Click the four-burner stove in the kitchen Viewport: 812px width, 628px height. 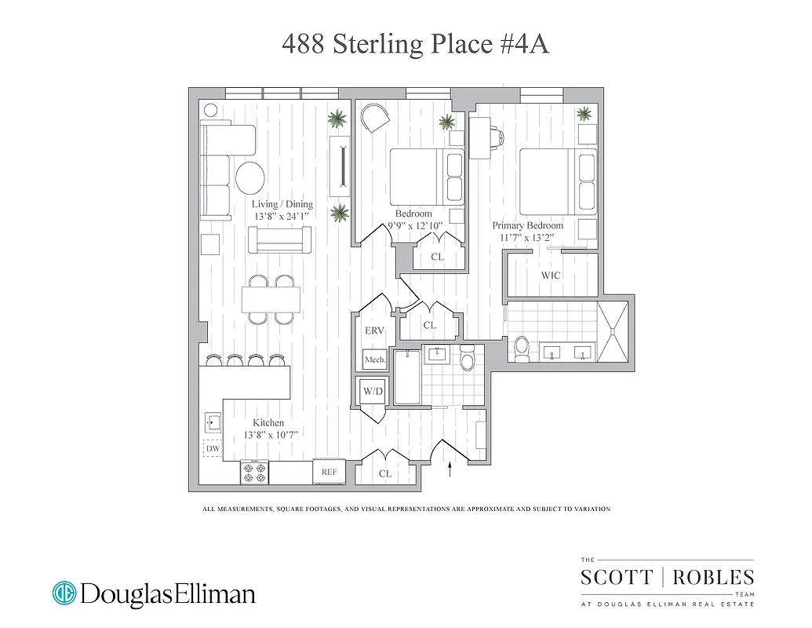[x=254, y=472]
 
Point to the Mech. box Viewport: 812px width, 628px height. [x=374, y=360]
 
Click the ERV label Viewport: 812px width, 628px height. [x=374, y=331]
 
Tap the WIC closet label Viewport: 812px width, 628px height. [x=551, y=276]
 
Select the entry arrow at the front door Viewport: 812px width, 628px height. [x=450, y=470]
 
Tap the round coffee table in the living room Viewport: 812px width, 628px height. [x=250, y=177]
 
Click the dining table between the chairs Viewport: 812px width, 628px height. [x=271, y=299]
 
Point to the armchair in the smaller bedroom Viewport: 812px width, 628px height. [x=375, y=119]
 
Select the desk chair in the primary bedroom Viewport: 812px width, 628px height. [x=498, y=135]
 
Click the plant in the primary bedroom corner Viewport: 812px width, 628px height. [x=584, y=115]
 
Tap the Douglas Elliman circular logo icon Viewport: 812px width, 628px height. [x=64, y=593]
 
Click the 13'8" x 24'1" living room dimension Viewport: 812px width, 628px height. [x=282, y=216]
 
